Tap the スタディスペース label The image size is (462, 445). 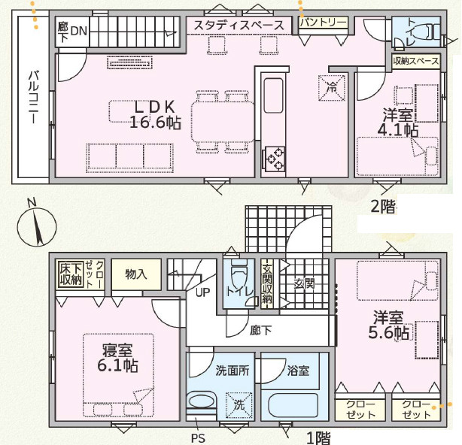click(239, 26)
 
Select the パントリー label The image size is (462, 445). click(324, 23)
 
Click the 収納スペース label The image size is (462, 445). click(415, 62)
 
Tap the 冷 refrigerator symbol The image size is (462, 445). click(330, 86)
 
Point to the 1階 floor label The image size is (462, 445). click(318, 437)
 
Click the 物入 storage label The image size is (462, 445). click(135, 274)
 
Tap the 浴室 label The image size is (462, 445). click(297, 370)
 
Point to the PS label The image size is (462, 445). click(197, 437)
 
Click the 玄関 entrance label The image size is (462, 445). click(304, 283)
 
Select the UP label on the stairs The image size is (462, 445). click(202, 292)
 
